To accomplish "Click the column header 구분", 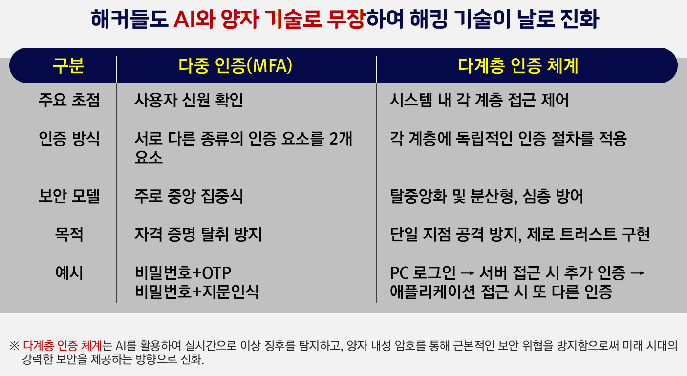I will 68,66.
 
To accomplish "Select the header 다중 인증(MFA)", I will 236,66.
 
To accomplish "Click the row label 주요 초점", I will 69,101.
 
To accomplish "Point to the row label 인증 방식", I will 69,139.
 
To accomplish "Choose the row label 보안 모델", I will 69,197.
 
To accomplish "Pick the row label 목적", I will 69,235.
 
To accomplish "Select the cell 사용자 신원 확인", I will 189,101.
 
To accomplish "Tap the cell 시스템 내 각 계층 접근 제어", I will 479,101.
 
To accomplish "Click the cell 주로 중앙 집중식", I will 189,197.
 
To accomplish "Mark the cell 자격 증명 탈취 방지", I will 198,235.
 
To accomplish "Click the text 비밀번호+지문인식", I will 197,292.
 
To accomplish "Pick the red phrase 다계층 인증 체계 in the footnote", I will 63,346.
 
